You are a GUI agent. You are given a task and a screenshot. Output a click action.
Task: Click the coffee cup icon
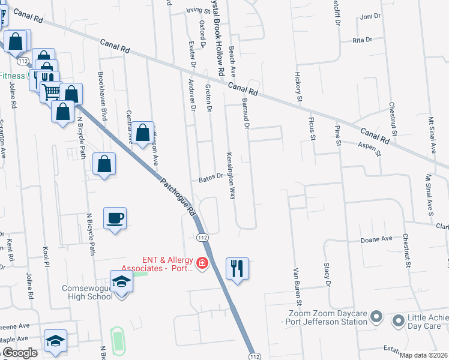pyautogui.click(x=115, y=218)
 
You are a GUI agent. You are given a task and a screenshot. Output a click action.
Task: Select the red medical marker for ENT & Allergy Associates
pyautogui.click(x=203, y=263)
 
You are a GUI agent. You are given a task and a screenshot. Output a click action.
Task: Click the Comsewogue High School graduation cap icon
pyautogui.click(x=121, y=281)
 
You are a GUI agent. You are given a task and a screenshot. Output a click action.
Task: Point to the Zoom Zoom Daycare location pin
pyautogui.click(x=376, y=316)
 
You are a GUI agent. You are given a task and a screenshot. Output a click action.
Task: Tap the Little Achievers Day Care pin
pyautogui.click(x=397, y=322)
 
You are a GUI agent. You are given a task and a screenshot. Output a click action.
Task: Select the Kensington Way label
pyautogui.click(x=231, y=175)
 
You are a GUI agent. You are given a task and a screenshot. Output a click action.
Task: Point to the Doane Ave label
pyautogui.click(x=376, y=238)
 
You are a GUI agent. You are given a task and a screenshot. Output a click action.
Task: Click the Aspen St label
pyautogui.click(x=370, y=149)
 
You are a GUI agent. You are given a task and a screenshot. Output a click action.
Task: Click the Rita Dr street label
pyautogui.click(x=362, y=40)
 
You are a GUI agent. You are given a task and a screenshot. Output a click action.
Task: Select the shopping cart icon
pyautogui.click(x=51, y=91)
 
